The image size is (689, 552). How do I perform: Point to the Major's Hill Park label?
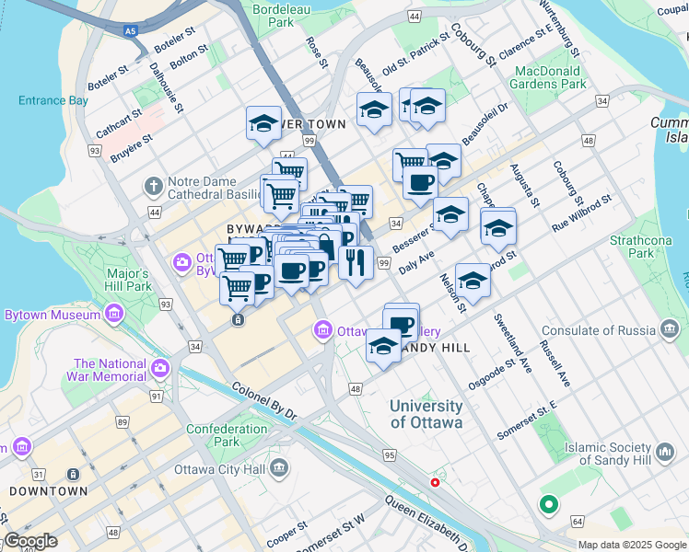pos(128,280)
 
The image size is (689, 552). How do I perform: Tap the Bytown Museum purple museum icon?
pos(114,316)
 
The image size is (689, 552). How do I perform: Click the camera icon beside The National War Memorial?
pos(160,369)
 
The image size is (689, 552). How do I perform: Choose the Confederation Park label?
pos(226,435)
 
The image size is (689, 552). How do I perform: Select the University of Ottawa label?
pos(426,414)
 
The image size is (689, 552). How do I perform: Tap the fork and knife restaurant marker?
pos(355,262)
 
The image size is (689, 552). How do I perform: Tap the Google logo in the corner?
pos(30,541)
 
